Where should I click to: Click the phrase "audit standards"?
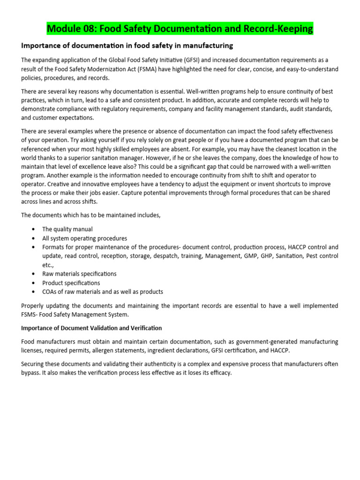[315, 109]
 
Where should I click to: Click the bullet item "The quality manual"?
[67, 229]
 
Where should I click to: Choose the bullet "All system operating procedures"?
[84, 238]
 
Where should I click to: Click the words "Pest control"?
[321, 256]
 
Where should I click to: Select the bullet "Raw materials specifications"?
[79, 274]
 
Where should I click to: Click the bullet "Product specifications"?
[71, 283]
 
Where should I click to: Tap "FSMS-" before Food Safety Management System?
[31, 315]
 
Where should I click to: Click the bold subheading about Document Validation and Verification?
[92, 328]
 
